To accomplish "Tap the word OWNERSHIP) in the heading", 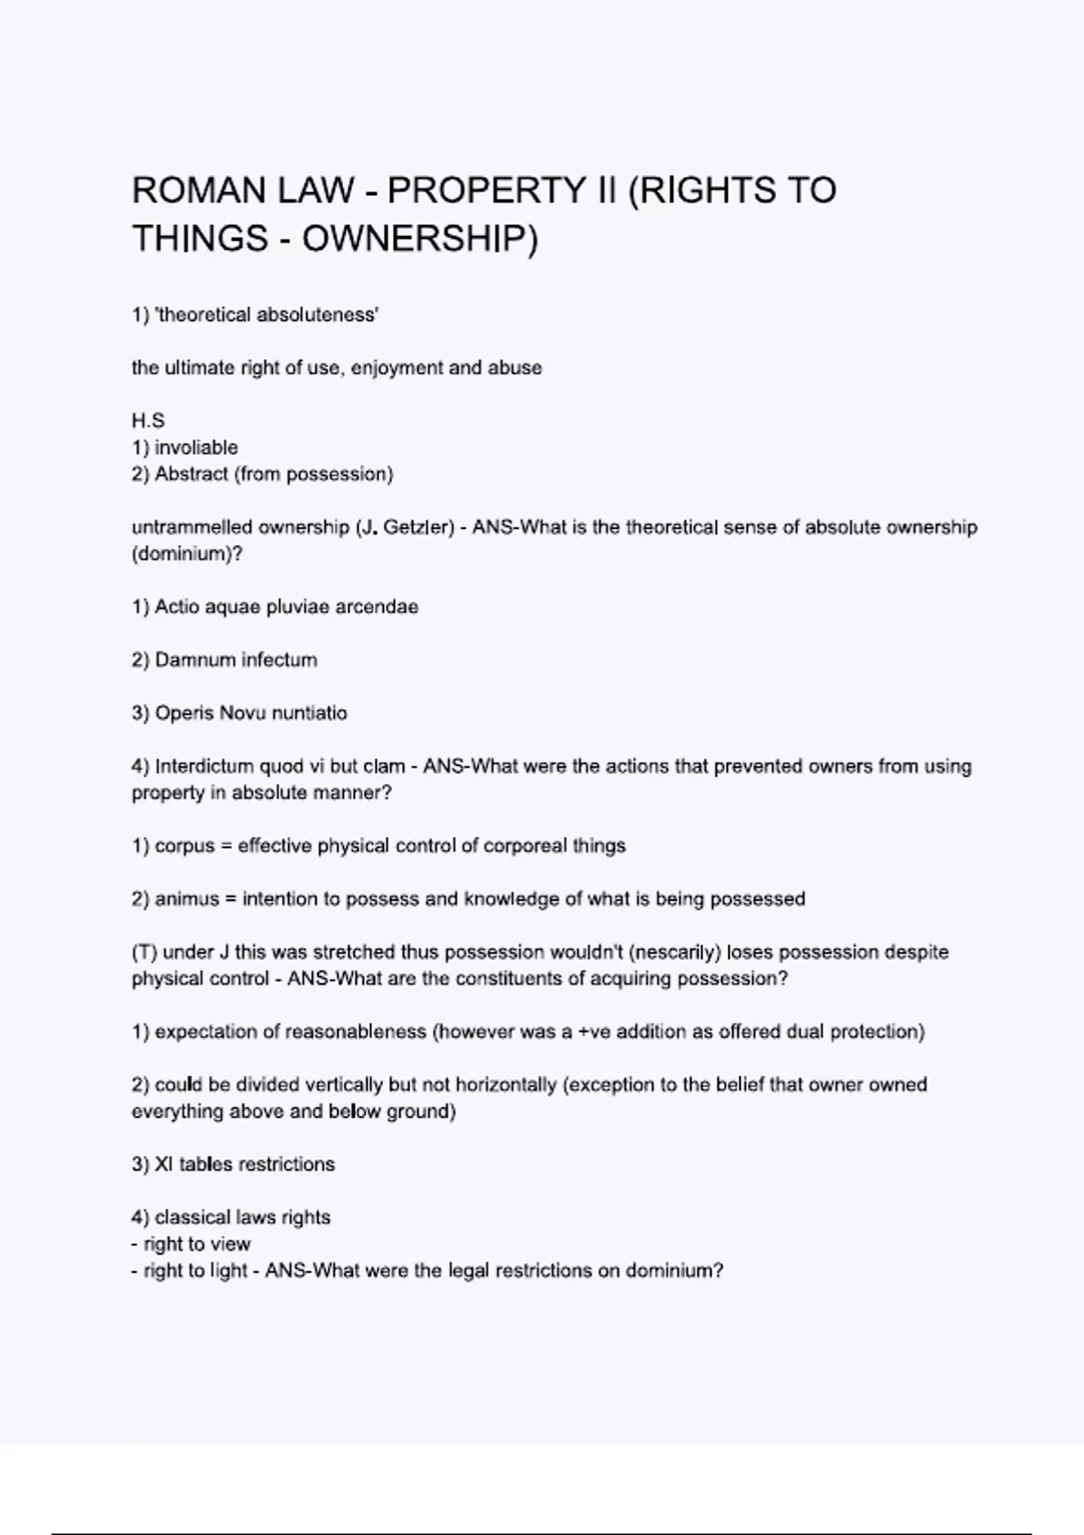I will click(419, 239).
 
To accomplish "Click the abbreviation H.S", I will click(148, 421).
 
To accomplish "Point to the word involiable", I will click(196, 448).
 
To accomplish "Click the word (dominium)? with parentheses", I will click(187, 554).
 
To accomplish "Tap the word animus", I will click(187, 899).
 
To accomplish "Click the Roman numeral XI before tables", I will click(164, 1165).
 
